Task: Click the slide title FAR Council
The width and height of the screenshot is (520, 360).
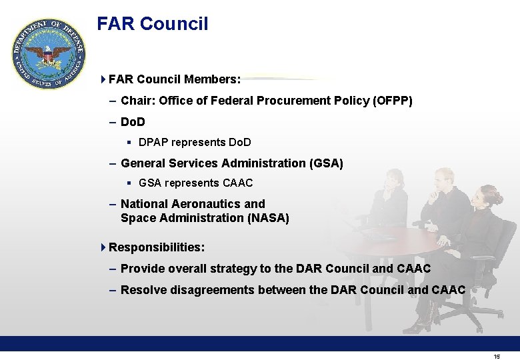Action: (x=152, y=24)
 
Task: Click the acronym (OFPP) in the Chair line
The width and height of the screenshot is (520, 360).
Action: (x=393, y=101)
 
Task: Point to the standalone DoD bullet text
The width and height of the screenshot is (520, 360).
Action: (x=133, y=123)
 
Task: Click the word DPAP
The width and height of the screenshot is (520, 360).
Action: (x=154, y=142)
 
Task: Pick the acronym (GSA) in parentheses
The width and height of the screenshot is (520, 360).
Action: (x=326, y=163)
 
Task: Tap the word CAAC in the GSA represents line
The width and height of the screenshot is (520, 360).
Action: (x=238, y=183)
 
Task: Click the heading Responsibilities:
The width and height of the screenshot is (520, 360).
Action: (x=157, y=247)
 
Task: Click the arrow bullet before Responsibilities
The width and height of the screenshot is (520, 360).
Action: (x=103, y=247)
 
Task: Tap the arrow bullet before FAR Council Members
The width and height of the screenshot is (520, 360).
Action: (x=103, y=79)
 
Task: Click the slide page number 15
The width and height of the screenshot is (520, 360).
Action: (x=497, y=357)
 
